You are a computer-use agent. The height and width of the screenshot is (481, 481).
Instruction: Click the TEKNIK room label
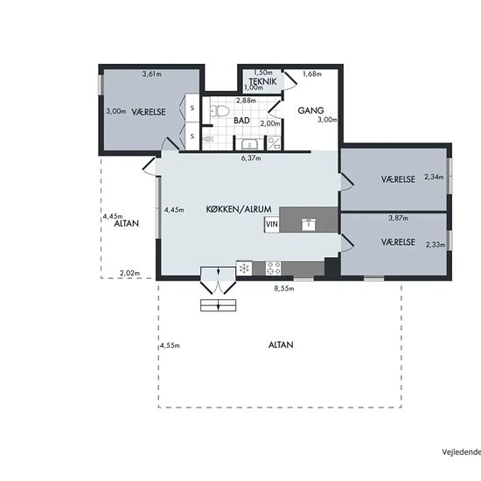(x=263, y=81)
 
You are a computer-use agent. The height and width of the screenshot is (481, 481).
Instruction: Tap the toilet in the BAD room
(x=220, y=111)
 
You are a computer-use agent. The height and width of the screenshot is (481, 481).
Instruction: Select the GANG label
(x=310, y=110)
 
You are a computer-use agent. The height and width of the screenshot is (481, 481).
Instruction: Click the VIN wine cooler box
(x=272, y=225)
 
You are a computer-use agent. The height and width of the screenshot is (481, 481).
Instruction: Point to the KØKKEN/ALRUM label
(x=239, y=210)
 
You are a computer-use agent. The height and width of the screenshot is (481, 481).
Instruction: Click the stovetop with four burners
(x=274, y=268)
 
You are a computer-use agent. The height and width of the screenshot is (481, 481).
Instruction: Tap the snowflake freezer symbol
(x=245, y=268)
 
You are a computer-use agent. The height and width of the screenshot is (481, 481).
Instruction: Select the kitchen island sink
(x=309, y=224)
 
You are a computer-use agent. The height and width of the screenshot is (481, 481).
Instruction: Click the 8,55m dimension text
(x=284, y=289)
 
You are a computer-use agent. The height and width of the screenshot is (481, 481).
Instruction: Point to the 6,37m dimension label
(x=251, y=158)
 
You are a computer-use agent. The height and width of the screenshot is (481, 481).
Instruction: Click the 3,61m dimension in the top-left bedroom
(x=152, y=74)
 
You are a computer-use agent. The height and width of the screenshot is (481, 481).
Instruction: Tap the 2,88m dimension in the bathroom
(x=246, y=101)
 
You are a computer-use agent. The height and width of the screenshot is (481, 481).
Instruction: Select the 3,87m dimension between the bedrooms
(x=398, y=218)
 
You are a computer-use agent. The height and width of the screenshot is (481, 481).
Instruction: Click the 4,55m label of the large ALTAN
(x=170, y=345)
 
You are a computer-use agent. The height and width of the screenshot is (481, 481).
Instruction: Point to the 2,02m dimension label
(x=129, y=273)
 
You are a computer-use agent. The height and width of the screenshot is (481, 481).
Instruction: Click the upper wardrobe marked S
(x=192, y=108)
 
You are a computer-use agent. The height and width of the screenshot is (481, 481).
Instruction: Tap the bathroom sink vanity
(x=249, y=143)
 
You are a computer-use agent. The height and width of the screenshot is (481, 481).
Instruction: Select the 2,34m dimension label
(x=434, y=177)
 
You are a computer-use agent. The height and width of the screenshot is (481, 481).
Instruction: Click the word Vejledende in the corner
(x=462, y=452)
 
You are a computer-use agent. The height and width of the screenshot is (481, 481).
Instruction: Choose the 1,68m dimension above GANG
(x=312, y=74)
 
